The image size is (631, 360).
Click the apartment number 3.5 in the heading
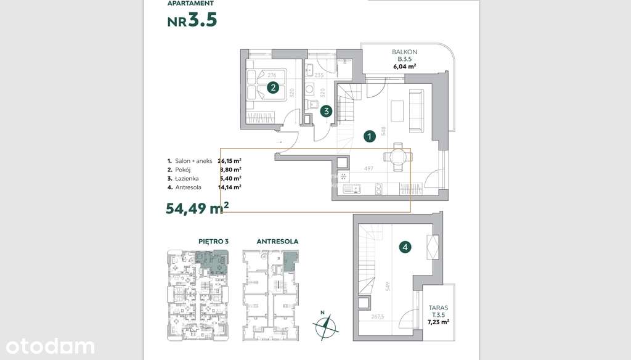203,20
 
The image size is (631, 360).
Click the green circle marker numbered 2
272,88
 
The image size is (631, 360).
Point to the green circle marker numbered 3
327,111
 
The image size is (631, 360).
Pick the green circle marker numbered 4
405,247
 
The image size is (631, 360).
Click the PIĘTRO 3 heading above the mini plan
213,242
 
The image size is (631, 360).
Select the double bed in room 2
266,84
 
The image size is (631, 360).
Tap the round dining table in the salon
395,157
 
